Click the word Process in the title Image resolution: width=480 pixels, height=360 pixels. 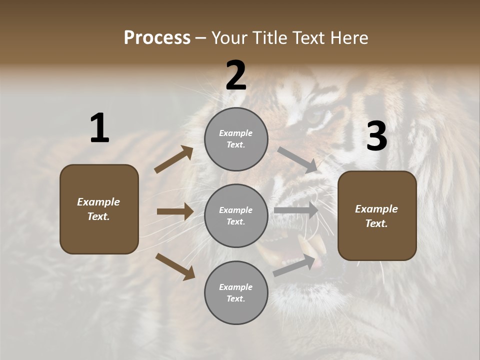[x=157, y=37]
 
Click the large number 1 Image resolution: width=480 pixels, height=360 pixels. [x=99, y=128]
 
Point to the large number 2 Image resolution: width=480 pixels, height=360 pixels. [x=236, y=75]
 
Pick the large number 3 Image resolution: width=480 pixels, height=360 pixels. [x=376, y=136]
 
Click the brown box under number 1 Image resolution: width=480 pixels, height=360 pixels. [x=99, y=209]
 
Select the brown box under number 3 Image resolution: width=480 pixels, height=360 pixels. [x=377, y=216]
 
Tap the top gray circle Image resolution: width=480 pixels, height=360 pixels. [x=236, y=139]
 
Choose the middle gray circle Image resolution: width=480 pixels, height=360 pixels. [x=236, y=216]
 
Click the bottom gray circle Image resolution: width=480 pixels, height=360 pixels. [x=236, y=293]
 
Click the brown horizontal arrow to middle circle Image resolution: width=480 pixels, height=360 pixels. [x=175, y=211]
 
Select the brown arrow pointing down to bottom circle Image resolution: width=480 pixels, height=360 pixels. [x=175, y=266]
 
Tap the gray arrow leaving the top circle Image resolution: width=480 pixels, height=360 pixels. [x=297, y=159]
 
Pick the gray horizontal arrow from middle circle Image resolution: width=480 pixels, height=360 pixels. [x=296, y=210]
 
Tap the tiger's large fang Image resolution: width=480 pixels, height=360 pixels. [x=306, y=245]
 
